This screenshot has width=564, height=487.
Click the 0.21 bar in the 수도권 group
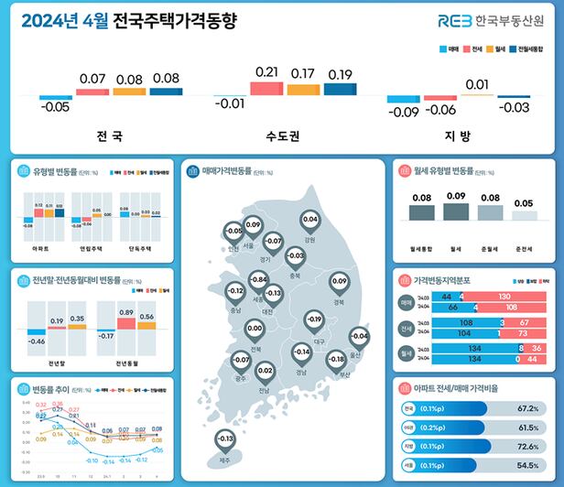point(266,88)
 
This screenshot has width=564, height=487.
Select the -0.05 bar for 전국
point(56,97)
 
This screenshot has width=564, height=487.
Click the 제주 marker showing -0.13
point(224,440)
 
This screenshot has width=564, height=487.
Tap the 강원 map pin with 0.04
point(309,221)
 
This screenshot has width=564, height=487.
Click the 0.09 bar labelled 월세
point(455,211)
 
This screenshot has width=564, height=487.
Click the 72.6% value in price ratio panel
point(526,446)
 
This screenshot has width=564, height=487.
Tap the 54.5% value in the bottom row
point(526,465)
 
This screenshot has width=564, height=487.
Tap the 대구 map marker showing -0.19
point(315,321)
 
